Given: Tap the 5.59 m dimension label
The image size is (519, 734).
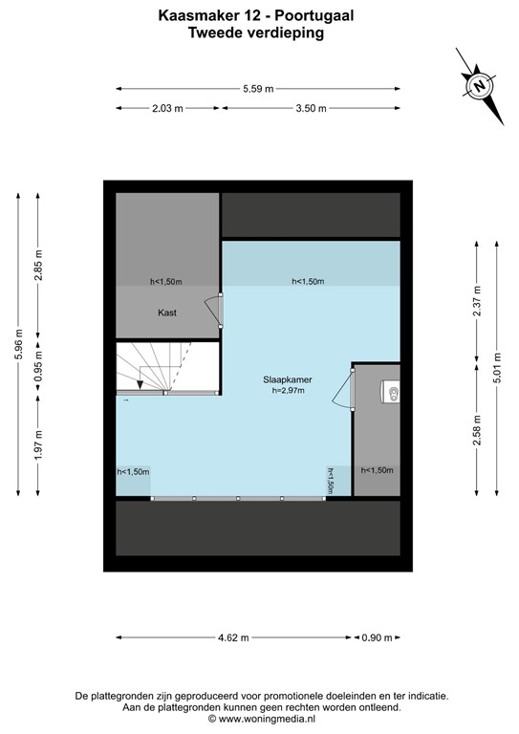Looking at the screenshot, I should point(258,89).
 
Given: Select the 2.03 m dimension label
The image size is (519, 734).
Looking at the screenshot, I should point(167,108).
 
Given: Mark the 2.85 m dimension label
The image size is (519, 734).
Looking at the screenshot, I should point(38,270).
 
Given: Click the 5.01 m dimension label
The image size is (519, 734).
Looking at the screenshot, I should point(497,368).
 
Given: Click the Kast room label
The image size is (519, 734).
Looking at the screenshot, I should point(168,313).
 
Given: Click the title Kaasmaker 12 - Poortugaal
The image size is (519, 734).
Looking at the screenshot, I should point(258,15).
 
